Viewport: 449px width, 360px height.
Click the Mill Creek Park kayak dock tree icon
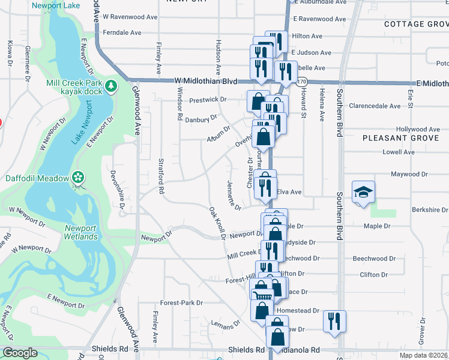click(111, 86)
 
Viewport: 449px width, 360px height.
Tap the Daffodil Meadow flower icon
click(77, 177)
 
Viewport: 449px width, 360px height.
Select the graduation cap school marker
click(363, 192)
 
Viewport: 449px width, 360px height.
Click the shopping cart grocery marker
click(261, 295)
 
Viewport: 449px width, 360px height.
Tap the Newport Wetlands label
click(81, 233)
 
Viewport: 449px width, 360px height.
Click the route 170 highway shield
click(301, 82)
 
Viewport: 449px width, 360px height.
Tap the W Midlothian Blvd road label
click(206, 81)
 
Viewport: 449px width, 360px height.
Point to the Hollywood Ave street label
click(418, 129)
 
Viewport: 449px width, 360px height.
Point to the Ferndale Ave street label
click(122, 32)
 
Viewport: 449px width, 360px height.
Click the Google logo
click(20, 353)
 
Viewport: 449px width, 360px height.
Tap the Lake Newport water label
click(81, 123)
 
